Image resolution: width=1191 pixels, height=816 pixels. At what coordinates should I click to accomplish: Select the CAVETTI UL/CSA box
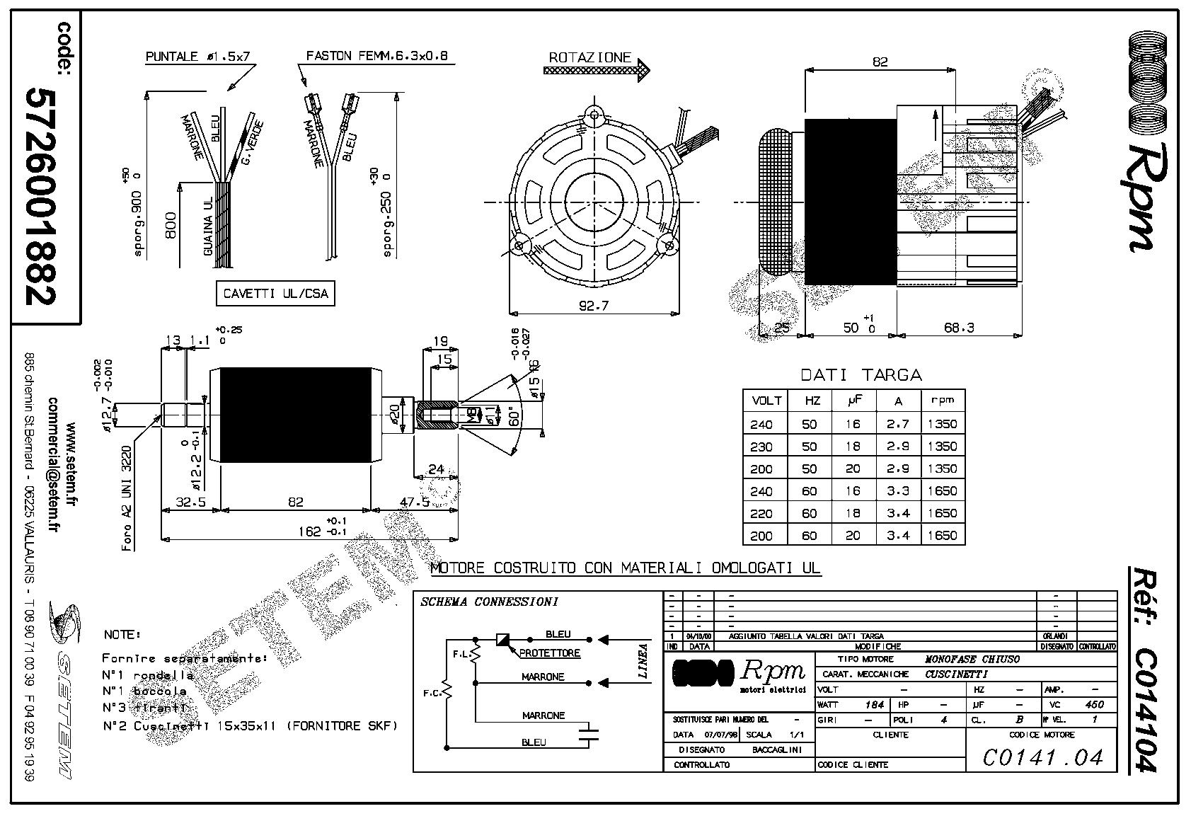coord(275,294)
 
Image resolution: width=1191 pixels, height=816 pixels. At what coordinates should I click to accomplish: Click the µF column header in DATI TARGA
coord(853,401)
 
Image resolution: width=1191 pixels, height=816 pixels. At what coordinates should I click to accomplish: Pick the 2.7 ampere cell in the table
coord(898,424)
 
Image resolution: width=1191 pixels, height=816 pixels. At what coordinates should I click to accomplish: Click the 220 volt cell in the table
coord(761,513)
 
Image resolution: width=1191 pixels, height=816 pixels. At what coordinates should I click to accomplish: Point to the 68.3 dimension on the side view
coord(959,327)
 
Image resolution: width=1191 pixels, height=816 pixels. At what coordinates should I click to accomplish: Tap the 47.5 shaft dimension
coord(415,502)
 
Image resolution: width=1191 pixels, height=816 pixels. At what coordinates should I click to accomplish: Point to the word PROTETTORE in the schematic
coord(550,653)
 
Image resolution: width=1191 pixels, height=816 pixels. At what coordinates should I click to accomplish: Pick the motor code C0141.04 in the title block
coord(1043,757)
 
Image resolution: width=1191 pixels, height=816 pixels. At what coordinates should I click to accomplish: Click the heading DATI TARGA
coord(861,374)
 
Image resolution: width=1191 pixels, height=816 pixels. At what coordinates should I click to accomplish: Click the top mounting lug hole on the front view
coord(594,113)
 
